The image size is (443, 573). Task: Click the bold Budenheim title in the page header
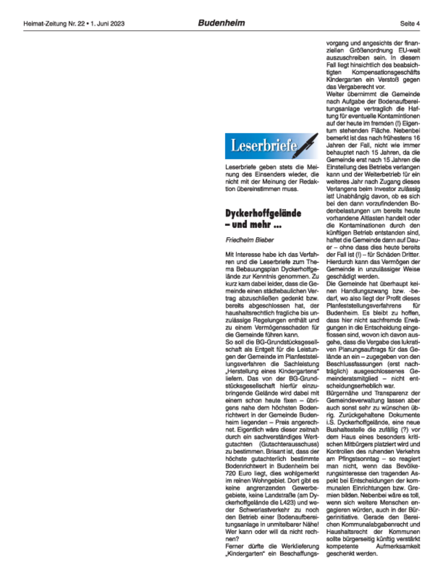click(x=221, y=23)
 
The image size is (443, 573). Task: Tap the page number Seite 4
click(x=410, y=23)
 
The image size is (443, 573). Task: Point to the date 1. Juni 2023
click(x=107, y=23)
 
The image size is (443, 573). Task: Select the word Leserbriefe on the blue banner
click(x=264, y=146)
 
